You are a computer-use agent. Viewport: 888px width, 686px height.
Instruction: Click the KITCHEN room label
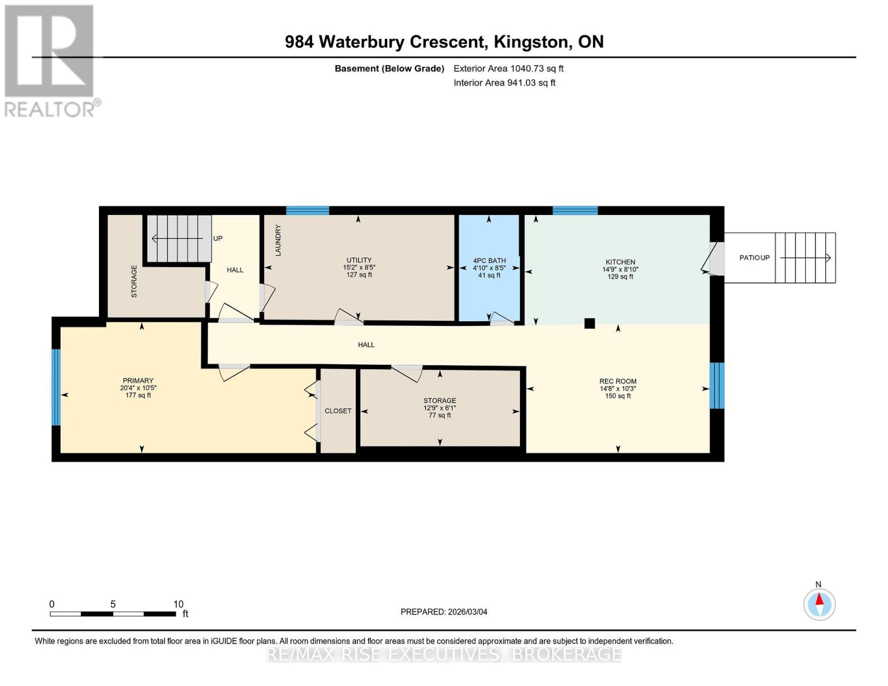click(x=620, y=262)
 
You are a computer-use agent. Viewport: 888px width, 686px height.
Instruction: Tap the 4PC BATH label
click(x=489, y=261)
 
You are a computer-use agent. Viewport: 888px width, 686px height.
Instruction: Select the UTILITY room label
click(x=359, y=260)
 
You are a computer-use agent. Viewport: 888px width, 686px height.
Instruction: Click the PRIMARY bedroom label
click(x=138, y=381)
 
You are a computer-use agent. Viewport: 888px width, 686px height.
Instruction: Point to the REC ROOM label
click(x=618, y=381)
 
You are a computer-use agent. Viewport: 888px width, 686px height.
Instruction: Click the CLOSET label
click(x=338, y=411)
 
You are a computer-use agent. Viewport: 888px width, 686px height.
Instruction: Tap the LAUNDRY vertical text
click(x=278, y=240)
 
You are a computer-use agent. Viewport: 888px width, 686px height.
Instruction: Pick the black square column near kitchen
click(x=590, y=324)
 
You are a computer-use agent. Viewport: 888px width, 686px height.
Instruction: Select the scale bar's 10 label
click(x=178, y=604)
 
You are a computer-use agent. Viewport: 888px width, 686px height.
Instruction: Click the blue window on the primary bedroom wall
click(x=55, y=387)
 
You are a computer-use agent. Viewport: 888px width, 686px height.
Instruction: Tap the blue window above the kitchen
click(x=575, y=210)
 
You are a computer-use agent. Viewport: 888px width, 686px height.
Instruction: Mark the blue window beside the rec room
click(x=717, y=385)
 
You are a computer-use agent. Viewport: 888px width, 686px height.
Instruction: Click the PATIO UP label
click(x=754, y=258)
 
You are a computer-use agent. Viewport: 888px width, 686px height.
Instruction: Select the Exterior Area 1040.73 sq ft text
click(x=508, y=69)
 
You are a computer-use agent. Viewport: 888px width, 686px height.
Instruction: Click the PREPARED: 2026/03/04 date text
click(x=444, y=612)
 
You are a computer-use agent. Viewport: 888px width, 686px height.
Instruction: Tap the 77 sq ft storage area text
click(x=440, y=415)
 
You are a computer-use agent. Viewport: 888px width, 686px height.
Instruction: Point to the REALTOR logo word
click(x=50, y=109)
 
